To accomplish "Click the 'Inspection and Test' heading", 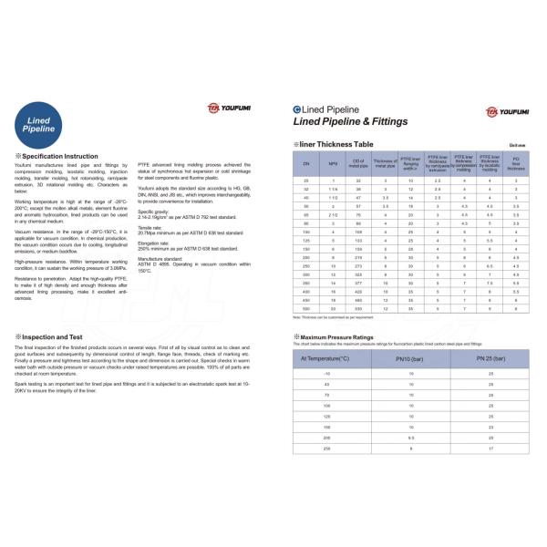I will [51, 337].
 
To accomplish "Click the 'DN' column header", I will [306, 162].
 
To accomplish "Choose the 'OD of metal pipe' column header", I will [358, 162].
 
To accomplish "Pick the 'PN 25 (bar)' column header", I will [492, 358].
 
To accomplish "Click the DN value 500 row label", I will [306, 309].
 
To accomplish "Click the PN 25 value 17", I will [492, 449].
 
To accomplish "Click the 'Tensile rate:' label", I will [151, 227].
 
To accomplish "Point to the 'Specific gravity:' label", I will [153, 211].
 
